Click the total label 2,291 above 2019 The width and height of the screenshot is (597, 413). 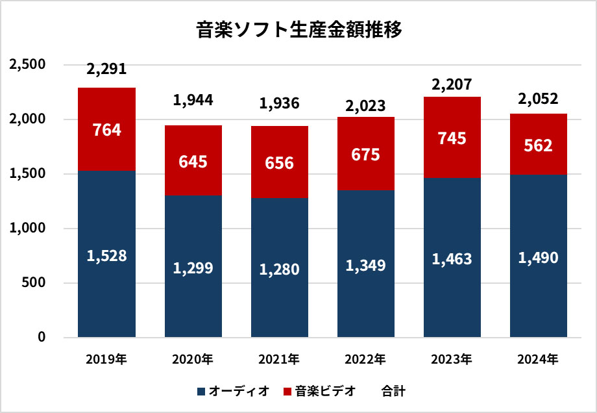coord(106,70)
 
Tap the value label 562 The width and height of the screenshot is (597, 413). coord(539,146)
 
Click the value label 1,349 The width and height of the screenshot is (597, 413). coord(366,265)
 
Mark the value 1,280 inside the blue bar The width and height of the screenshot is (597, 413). coord(280,268)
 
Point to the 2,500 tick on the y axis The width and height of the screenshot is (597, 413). coord(26,65)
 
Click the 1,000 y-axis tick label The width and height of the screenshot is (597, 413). coord(26,229)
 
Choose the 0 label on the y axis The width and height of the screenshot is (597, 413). coord(41,337)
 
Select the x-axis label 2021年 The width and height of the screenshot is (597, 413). coord(280,359)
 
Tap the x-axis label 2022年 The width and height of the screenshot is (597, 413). coord(366,359)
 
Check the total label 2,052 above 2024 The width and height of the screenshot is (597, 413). coord(539,99)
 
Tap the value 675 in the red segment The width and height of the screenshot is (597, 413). coord(366,156)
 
